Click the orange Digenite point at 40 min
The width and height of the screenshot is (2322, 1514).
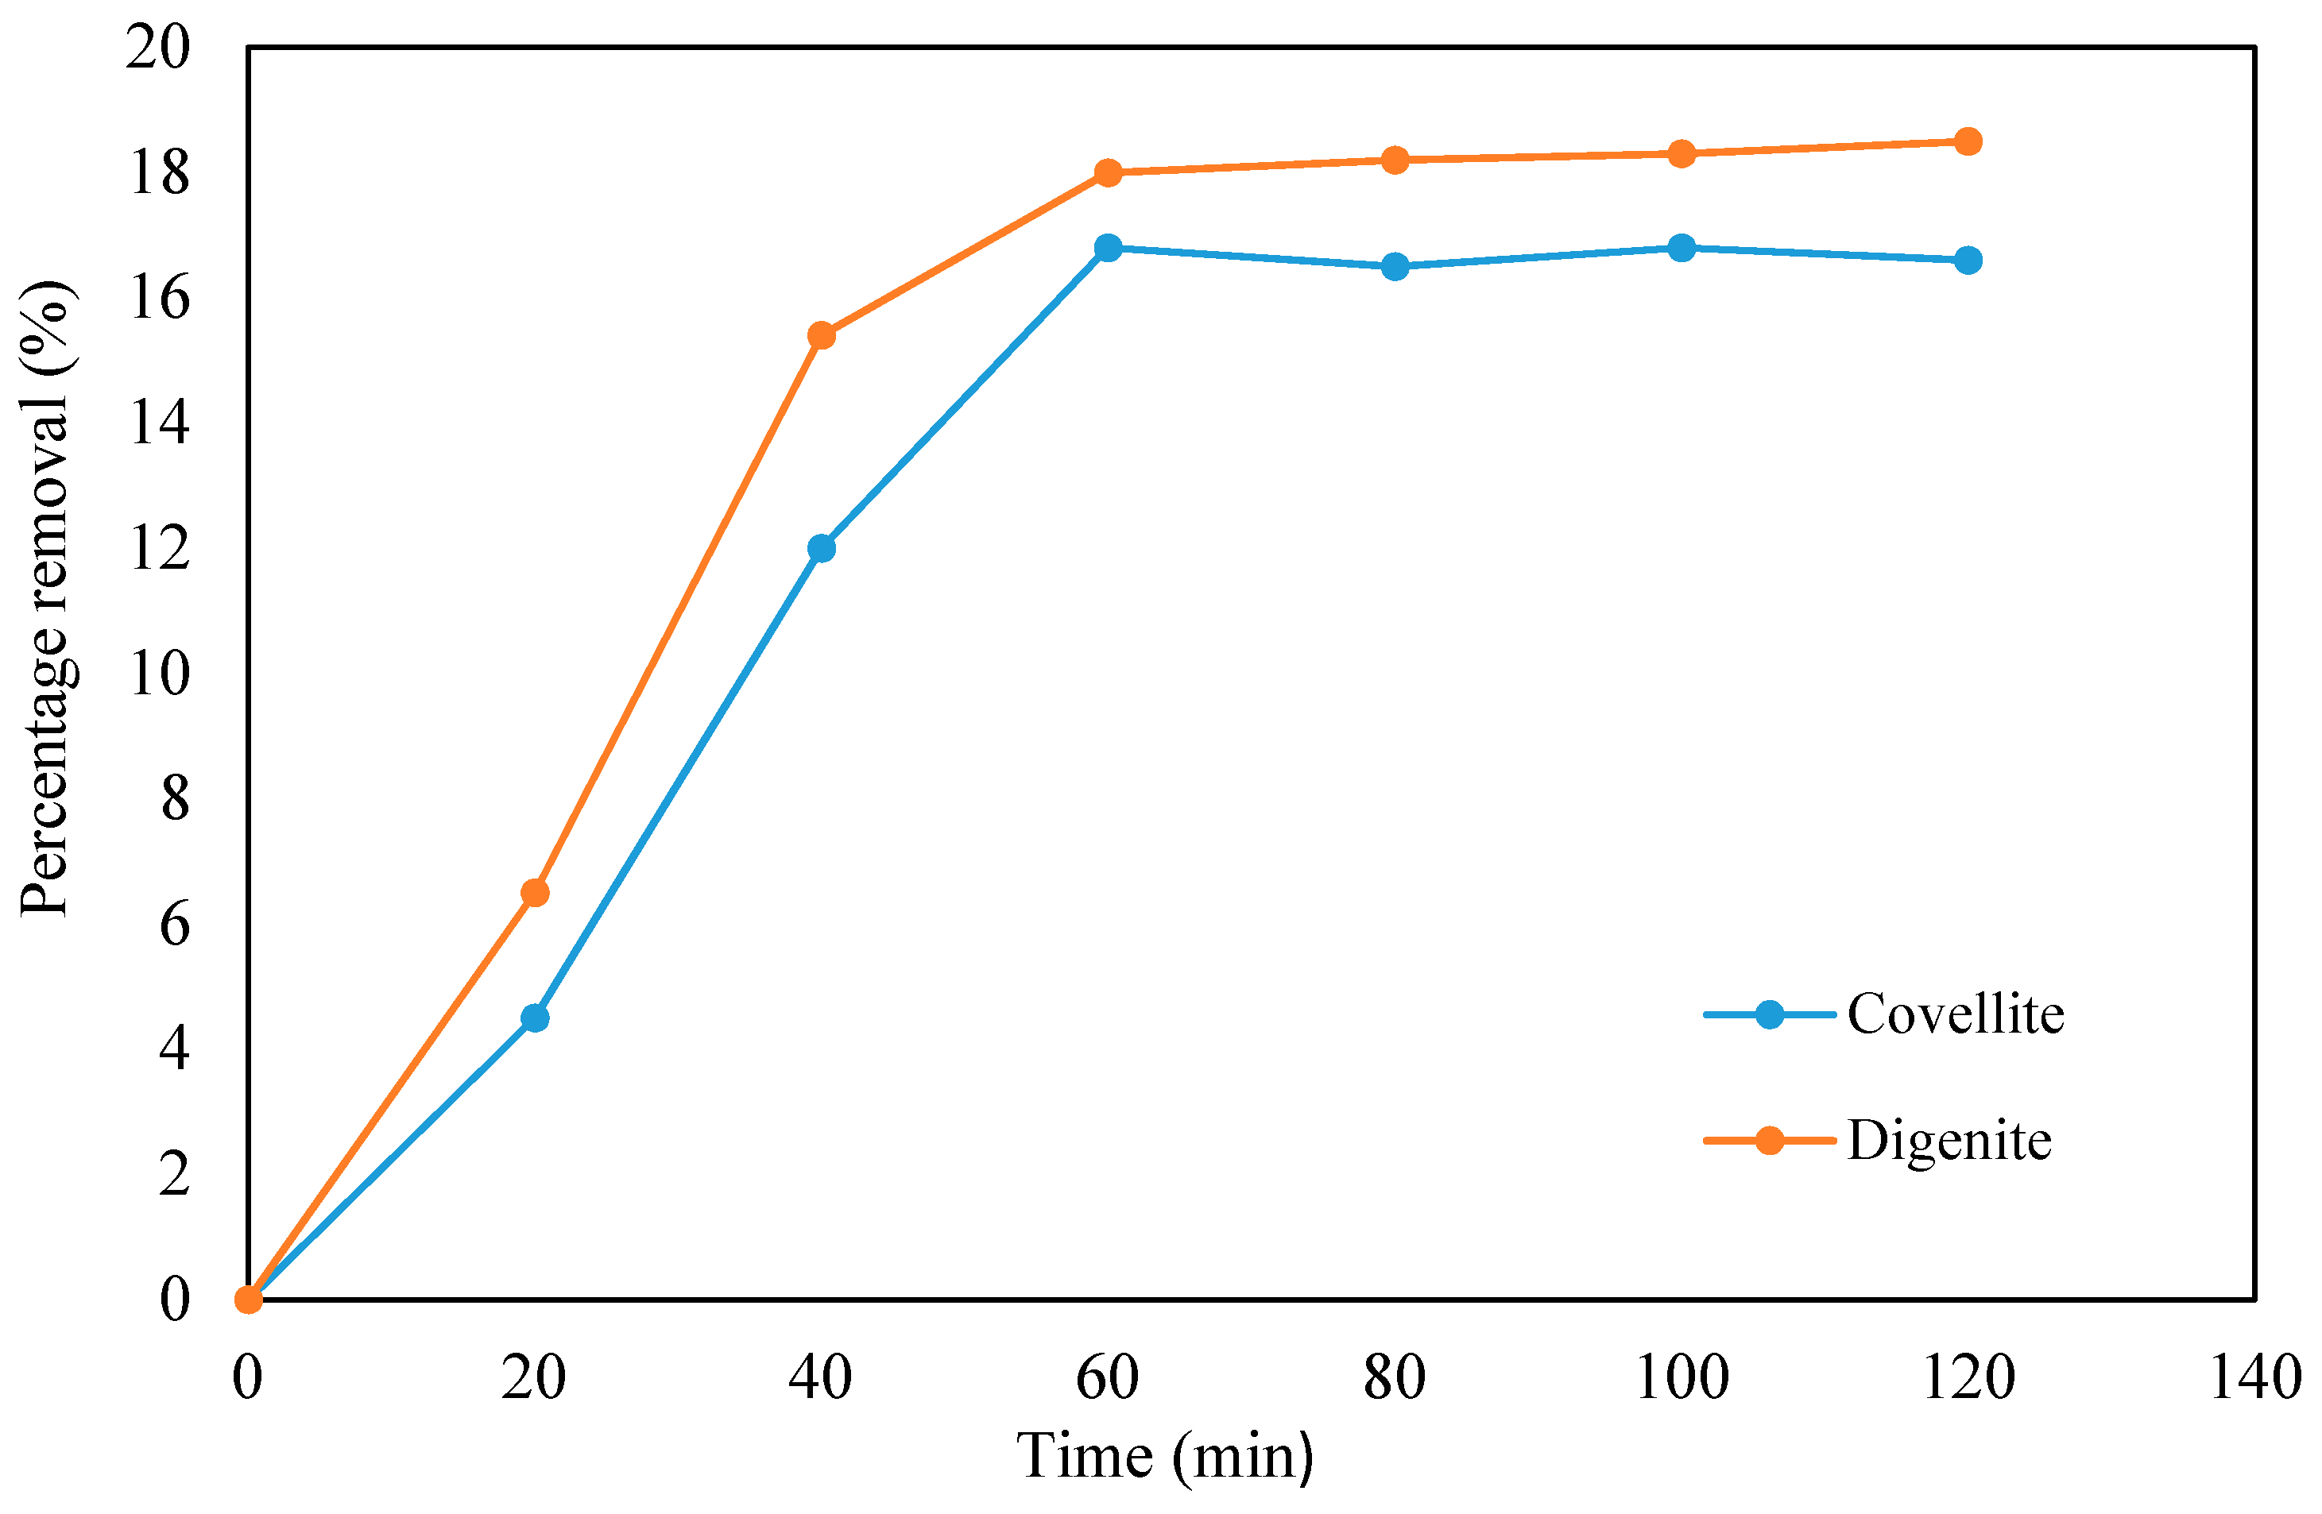pyautogui.click(x=822, y=335)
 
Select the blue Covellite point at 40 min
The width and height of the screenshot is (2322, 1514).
pyautogui.click(x=822, y=548)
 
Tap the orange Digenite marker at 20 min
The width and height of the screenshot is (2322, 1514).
pyautogui.click(x=535, y=893)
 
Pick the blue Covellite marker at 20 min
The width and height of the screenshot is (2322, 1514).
pyautogui.click(x=535, y=1018)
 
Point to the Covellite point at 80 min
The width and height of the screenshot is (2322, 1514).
pyautogui.click(x=1395, y=266)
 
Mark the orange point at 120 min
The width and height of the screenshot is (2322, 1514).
pyautogui.click(x=1968, y=141)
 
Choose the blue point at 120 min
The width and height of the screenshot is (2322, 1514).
pyautogui.click(x=1968, y=261)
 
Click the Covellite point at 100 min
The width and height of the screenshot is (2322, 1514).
pyautogui.click(x=1681, y=248)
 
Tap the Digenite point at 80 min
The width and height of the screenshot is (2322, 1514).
pyautogui.click(x=1395, y=160)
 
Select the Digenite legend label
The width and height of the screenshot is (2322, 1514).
pyautogui.click(x=1949, y=1141)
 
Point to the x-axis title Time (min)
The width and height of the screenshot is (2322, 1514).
pyautogui.click(x=1165, y=1458)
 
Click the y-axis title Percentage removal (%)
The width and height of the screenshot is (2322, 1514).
pyautogui.click(x=47, y=599)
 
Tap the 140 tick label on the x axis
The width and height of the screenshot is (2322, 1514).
pyautogui.click(x=2254, y=1378)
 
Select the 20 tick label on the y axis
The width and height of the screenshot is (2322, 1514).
pyautogui.click(x=158, y=47)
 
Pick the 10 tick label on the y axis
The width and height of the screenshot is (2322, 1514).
pyautogui.click(x=158, y=673)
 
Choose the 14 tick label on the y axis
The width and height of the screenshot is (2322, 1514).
pyautogui.click(x=158, y=423)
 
